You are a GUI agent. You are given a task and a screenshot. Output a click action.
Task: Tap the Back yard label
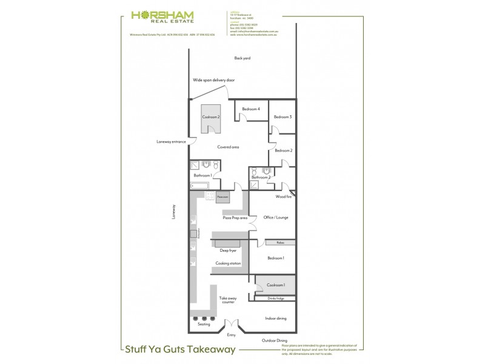242,58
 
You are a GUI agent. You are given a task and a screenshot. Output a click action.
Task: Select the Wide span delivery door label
213,80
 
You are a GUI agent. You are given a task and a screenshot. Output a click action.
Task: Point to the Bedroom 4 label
251,109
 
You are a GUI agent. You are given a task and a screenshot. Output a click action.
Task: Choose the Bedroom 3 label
283,116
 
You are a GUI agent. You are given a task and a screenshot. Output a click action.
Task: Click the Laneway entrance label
171,142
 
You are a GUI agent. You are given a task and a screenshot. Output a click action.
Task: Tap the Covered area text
229,147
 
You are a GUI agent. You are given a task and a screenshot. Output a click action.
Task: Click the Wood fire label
284,197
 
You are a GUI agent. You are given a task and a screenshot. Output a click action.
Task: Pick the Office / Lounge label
275,217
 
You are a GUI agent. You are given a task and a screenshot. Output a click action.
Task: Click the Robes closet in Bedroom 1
280,243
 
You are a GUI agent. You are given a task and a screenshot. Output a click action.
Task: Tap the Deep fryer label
228,250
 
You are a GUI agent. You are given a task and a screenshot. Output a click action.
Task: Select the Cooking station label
229,263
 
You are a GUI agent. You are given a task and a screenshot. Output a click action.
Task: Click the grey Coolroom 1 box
276,285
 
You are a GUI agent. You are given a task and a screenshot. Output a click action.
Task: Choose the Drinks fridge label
276,298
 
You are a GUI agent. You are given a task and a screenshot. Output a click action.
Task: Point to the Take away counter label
228,300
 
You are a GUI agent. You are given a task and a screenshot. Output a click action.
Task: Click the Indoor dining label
276,318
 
